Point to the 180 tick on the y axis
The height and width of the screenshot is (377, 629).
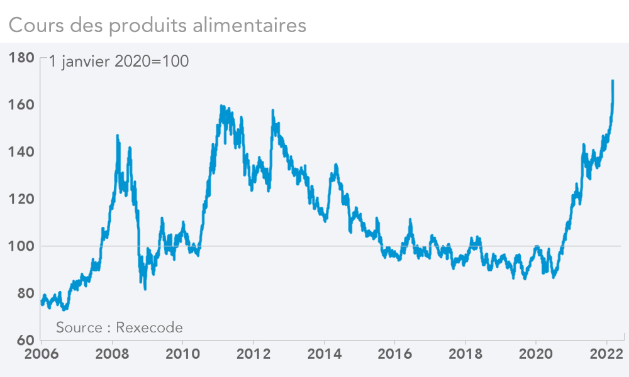click(x=22, y=58)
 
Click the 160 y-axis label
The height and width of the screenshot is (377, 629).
click(x=22, y=104)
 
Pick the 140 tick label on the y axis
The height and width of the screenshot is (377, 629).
click(x=22, y=151)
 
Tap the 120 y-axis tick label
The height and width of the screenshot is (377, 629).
click(x=22, y=199)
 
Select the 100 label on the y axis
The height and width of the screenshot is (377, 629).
click(x=22, y=246)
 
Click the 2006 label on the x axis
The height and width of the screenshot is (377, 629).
click(x=42, y=353)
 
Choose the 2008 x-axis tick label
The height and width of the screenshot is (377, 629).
click(x=112, y=353)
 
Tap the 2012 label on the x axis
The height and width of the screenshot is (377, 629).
click(x=253, y=353)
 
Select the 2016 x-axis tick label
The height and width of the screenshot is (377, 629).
click(x=394, y=353)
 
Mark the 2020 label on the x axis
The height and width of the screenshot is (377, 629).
click(x=535, y=353)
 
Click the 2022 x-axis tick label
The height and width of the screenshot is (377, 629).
click(x=606, y=353)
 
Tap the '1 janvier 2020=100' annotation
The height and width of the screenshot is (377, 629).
click(x=118, y=62)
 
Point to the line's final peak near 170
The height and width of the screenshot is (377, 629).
click(x=613, y=81)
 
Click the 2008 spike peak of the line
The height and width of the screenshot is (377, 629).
click(x=118, y=136)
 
